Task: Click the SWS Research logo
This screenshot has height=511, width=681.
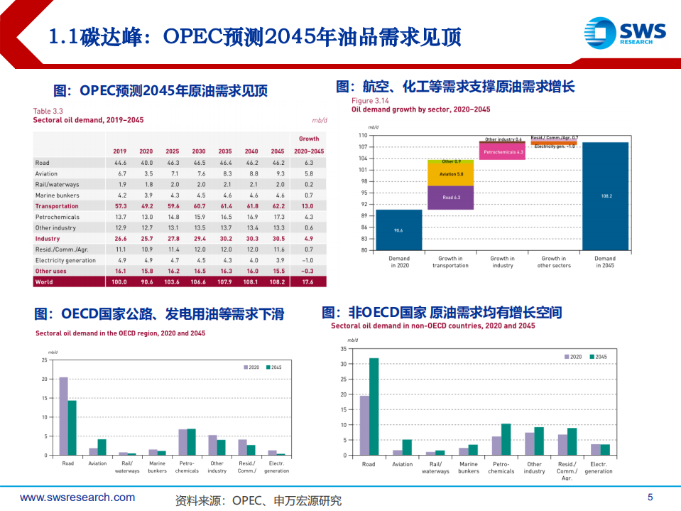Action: pyautogui.click(x=624, y=32)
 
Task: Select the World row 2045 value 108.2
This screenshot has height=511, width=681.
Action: pyautogui.click(x=277, y=282)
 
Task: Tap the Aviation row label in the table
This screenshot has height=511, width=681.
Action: pyautogui.click(x=46, y=173)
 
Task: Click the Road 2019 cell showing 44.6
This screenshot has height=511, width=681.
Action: pyautogui.click(x=120, y=163)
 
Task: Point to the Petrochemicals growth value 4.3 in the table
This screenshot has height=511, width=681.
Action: pyautogui.click(x=309, y=217)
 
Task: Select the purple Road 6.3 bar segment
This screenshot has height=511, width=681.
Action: pyautogui.click(x=450, y=198)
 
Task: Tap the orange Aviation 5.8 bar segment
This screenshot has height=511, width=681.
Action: pyautogui.click(x=450, y=175)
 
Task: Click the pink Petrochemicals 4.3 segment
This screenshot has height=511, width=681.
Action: pyautogui.click(x=503, y=152)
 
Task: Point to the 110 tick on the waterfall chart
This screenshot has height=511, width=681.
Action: pyautogui.click(x=363, y=135)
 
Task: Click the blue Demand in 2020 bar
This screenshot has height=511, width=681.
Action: pyautogui.click(x=398, y=230)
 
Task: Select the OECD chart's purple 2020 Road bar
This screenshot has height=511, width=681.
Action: pyautogui.click(x=63, y=416)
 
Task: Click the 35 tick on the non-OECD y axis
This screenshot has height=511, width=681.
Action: pyautogui.click(x=344, y=349)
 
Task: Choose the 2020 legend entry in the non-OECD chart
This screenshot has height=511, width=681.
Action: pyautogui.click(x=573, y=356)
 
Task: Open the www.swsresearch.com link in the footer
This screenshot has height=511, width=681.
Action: pyautogui.click(x=77, y=497)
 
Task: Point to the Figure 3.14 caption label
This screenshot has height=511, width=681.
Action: pyautogui.click(x=368, y=101)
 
